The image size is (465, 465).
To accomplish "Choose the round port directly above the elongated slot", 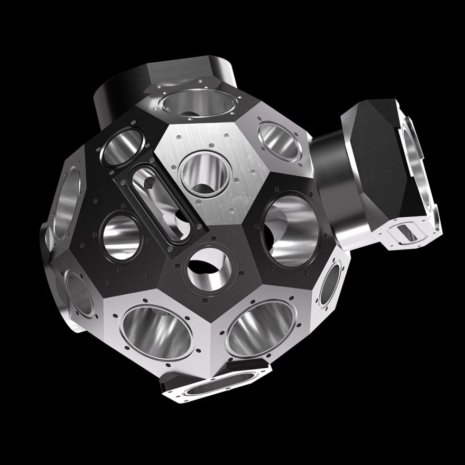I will click(x=125, y=145).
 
